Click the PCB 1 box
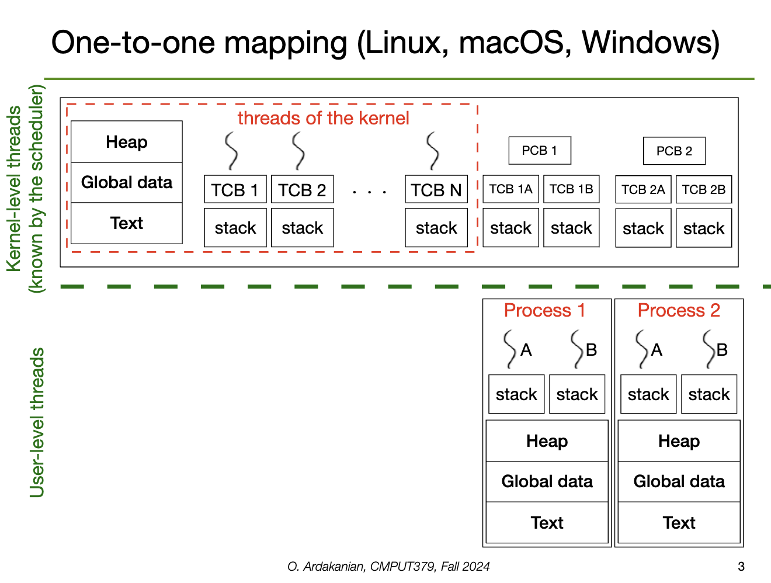pos(539,151)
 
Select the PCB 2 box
pos(674,151)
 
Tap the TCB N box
pos(436,190)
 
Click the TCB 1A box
pos(510,189)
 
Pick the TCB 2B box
pos(703,190)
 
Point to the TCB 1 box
pos(235,190)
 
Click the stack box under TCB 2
pos(302,228)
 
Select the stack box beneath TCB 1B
pos(571,228)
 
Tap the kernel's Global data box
pos(127,183)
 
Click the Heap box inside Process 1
pos(547,441)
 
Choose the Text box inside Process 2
pos(679,523)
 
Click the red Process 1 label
pos(544,311)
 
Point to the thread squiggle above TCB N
pos(433,150)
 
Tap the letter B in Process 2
pos(722,350)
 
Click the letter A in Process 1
pos(526,350)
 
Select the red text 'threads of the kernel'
pos(323,119)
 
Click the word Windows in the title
pos(650,43)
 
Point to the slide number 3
pos(741,566)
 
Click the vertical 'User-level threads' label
pos(37,422)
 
